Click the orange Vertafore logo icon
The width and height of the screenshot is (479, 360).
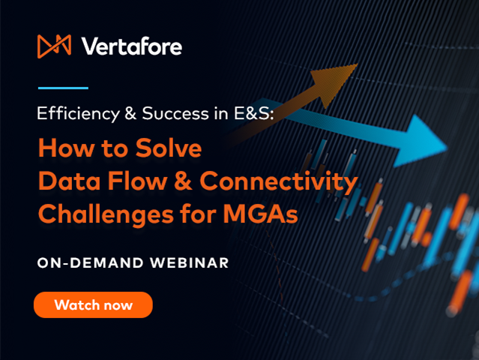pos(54,46)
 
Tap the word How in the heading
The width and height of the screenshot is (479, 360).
pos(61,148)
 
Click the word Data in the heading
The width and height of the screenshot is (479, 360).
pos(63,181)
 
